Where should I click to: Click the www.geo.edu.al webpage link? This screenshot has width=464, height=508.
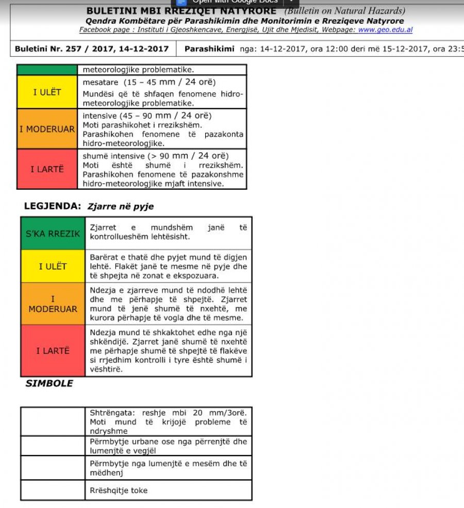[x=385, y=30]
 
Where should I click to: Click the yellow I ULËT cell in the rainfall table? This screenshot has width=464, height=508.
[x=47, y=92]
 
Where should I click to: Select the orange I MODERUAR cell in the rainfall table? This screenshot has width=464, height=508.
[x=47, y=129]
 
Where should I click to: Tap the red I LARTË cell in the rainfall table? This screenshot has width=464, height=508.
[x=47, y=169]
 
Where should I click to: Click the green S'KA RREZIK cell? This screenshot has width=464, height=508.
[x=53, y=234]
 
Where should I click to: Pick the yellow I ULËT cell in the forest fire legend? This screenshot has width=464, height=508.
[x=53, y=266]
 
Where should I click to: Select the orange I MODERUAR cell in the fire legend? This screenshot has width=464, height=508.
[x=53, y=304]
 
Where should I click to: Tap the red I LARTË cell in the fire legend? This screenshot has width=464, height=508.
[x=53, y=351]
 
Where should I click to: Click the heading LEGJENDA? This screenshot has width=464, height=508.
[x=53, y=206]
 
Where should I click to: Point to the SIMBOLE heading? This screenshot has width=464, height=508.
[x=49, y=383]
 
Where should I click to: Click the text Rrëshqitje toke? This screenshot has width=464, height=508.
[x=119, y=490]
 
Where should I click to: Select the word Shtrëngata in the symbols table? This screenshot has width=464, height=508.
[x=109, y=413]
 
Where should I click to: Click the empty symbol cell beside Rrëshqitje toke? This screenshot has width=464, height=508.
[x=53, y=490]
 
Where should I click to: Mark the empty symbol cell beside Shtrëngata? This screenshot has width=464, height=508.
[x=53, y=421]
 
